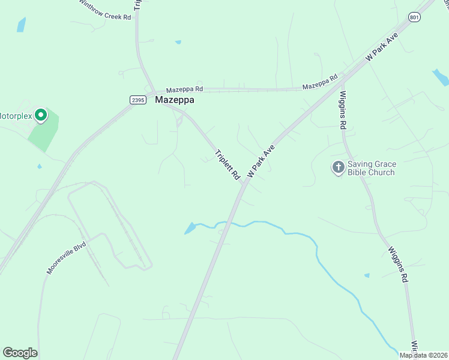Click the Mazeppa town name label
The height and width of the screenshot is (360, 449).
175,100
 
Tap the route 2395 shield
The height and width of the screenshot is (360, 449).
137,100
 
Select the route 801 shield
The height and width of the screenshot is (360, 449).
414,18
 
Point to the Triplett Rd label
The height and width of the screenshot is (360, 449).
228,164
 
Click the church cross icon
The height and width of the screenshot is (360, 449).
338,167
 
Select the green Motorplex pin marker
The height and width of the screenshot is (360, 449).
40,115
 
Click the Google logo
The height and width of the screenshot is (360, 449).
20,353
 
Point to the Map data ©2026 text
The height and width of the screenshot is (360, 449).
423,355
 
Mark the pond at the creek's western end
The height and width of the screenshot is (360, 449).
190,229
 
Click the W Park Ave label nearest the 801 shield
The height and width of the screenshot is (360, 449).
382,46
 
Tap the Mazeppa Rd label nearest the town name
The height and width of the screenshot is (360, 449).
184,89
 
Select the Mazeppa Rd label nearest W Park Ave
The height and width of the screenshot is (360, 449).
320,83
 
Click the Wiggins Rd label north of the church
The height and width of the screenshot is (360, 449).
343,109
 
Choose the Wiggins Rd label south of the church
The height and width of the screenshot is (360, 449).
398,266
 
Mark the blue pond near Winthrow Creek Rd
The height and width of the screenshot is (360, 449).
22,25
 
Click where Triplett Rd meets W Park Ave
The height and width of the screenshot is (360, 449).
244,182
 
